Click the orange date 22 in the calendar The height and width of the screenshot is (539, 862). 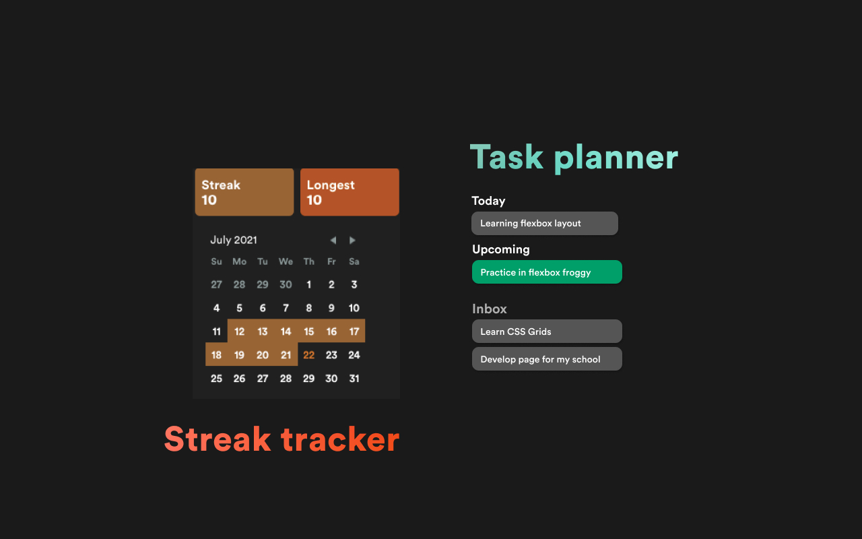tap(308, 355)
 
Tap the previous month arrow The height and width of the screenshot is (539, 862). tap(333, 241)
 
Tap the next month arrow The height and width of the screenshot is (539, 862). tap(352, 241)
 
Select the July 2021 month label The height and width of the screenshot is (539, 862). tap(234, 241)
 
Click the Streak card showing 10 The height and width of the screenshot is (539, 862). tap(244, 192)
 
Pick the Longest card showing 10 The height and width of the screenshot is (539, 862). tap(350, 192)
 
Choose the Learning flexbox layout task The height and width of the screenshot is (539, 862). tap(545, 223)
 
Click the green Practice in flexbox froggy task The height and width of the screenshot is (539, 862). tap(547, 272)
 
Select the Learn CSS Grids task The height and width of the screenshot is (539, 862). tap(547, 331)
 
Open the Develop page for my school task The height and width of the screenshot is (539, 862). tap(547, 359)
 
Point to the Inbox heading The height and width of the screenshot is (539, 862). tap(490, 309)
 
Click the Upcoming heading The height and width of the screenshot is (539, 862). tap(501, 249)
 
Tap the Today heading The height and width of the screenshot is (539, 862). tap(489, 201)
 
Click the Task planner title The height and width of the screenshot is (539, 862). tap(574, 158)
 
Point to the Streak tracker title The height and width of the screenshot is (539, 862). tap(282, 439)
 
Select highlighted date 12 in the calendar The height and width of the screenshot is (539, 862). tap(239, 331)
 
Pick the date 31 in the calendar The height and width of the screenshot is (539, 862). tap(354, 379)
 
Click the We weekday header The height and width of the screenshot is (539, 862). tap(286, 262)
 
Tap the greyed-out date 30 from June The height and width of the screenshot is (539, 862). tap(286, 284)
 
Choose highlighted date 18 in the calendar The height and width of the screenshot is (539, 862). tap(216, 355)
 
